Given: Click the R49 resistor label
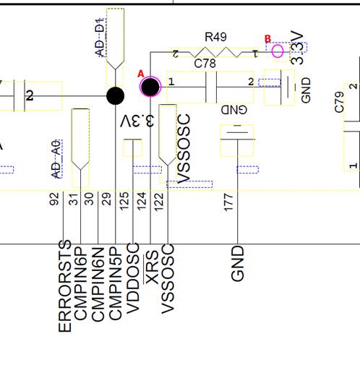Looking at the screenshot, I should click(x=215, y=36).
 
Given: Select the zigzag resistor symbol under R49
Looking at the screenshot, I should click(x=215, y=53).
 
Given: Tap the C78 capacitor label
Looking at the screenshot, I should click(x=205, y=64).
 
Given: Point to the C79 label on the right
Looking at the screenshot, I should click(x=340, y=102).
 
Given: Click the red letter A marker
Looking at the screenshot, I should click(x=141, y=74).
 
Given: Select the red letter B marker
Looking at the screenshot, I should click(x=267, y=39).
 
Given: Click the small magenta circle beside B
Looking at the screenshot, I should click(x=278, y=51).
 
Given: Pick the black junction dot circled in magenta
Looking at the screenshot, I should click(x=150, y=87).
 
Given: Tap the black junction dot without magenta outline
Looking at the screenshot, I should click(x=115, y=95).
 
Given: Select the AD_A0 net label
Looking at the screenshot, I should click(x=55, y=159).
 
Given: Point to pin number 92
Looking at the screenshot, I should click(x=54, y=199).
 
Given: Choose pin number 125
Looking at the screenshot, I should click(x=124, y=199).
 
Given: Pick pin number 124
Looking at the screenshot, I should click(x=142, y=199).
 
